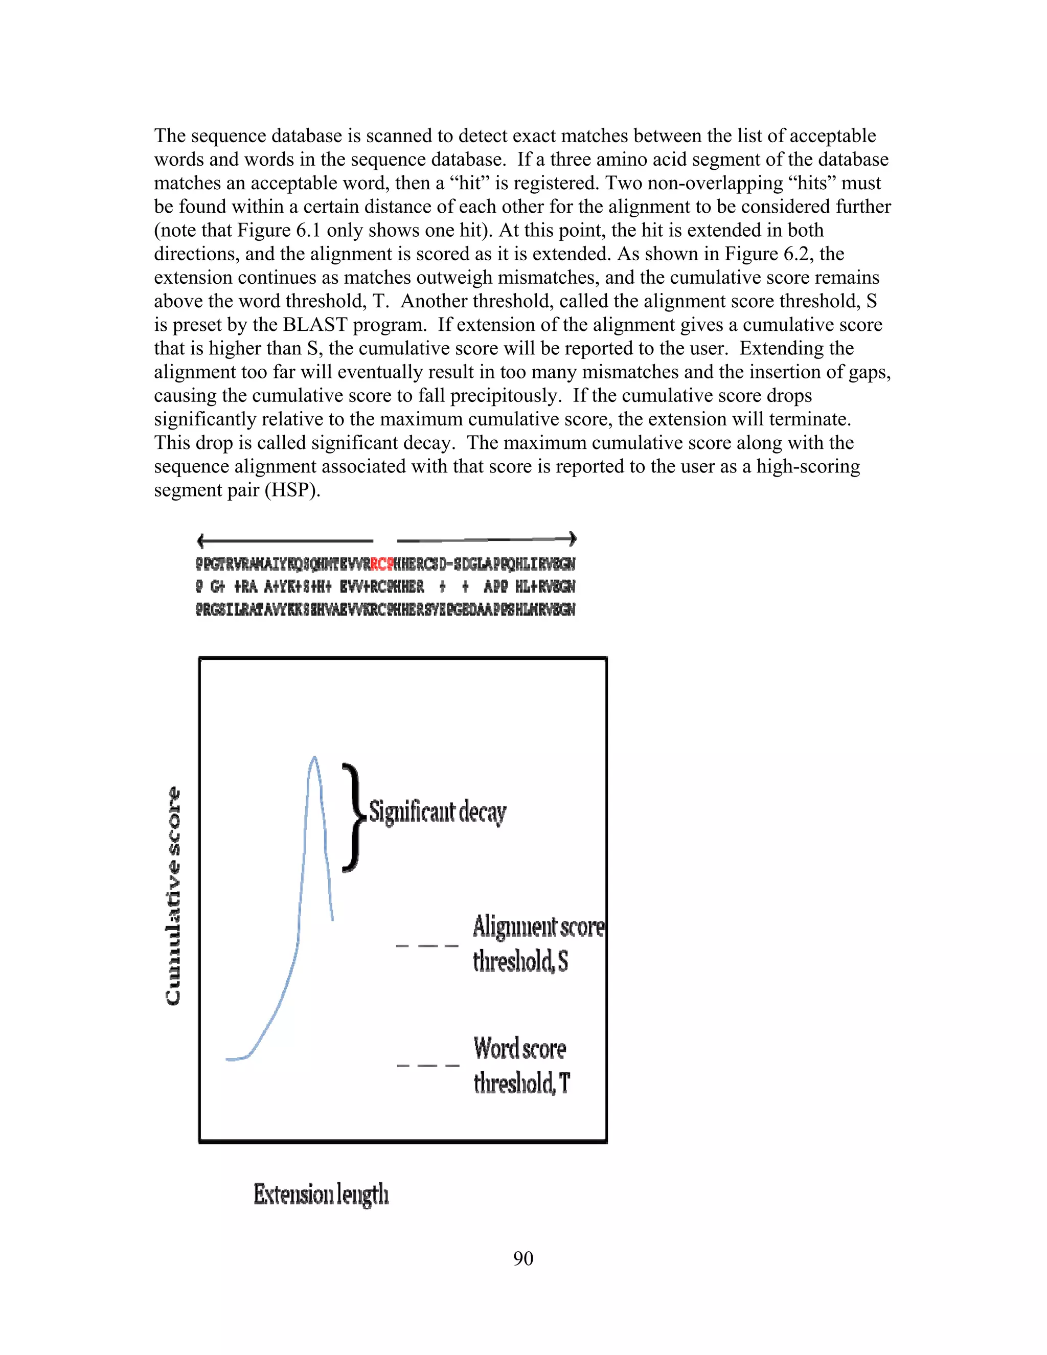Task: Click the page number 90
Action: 523,1258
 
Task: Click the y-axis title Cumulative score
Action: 174,896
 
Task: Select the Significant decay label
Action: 438,811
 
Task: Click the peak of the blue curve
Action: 314,758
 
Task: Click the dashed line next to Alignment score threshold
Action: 427,945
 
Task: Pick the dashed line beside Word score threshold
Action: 428,1065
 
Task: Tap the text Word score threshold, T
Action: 521,1065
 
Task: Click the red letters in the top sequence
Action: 381,564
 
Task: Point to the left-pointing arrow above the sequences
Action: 285,541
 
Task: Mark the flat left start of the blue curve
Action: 236,1058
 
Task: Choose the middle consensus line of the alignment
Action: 384,586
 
